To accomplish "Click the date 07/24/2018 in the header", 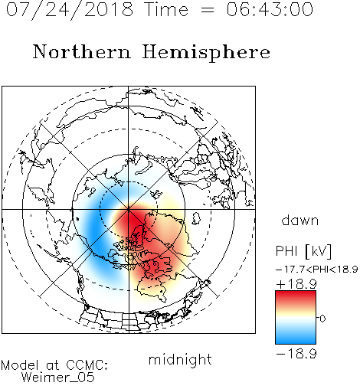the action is pos(70,10).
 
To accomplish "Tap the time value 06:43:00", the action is pos(270,10).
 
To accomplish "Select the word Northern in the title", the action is pos(82,51).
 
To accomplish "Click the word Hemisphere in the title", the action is pos(206,53).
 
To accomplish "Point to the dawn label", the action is pos(300,220).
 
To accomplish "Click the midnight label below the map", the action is pos(180,360).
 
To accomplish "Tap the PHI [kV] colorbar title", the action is pos(303,251).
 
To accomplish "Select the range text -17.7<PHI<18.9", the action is pos(316,269).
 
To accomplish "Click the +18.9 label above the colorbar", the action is pos(296,284).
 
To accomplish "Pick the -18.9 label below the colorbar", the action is pos(296,354).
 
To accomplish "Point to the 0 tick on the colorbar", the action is pos(322,319).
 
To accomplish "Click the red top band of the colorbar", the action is pos(296,296).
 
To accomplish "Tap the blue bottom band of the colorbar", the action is pos(296,338).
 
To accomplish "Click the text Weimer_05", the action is pos(58,378).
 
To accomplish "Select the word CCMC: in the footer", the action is pos(87,365).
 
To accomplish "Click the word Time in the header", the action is pos(166,10).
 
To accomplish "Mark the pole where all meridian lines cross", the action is pos(129,209).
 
